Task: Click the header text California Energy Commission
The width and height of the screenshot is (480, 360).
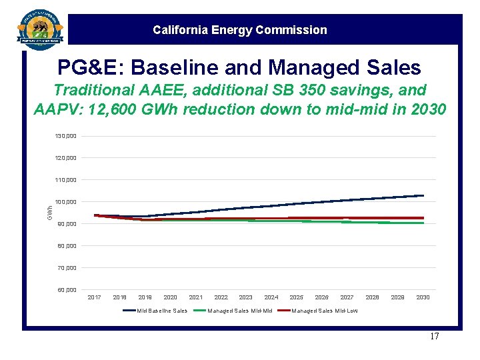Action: [x=240, y=30]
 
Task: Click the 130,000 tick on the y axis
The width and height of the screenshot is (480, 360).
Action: [x=65, y=136]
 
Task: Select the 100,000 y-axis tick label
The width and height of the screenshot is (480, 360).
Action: [x=65, y=201]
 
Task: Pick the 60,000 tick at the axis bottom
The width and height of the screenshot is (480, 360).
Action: [x=65, y=290]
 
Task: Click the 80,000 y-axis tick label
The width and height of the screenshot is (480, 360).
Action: [x=65, y=245]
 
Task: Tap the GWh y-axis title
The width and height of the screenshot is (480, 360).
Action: [x=50, y=213]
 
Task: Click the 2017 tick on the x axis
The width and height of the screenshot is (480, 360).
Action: [x=95, y=297]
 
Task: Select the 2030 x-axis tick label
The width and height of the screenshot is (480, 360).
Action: [x=423, y=297]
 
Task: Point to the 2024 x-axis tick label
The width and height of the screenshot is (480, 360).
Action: [x=271, y=297]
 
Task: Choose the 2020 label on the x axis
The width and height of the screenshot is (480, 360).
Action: [x=170, y=297]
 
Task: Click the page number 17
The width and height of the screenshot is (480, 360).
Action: [x=434, y=336]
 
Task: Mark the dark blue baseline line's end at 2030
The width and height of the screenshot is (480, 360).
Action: [x=423, y=195]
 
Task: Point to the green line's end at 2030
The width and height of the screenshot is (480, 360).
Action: [x=423, y=223]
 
